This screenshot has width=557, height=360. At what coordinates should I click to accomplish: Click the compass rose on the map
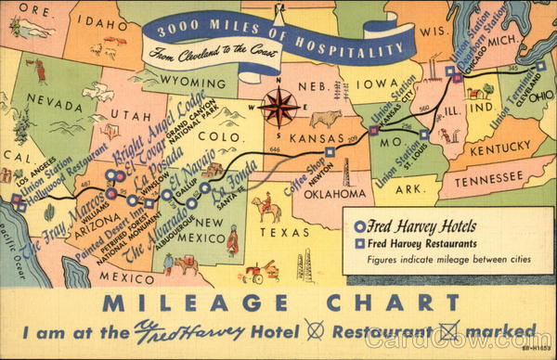278,107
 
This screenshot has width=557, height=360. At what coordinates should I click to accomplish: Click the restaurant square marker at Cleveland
541,66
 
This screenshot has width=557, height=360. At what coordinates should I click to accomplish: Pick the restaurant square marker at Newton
330,151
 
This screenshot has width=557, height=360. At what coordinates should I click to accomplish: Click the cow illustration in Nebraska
326,119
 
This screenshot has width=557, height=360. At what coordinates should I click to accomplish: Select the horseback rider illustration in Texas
267,206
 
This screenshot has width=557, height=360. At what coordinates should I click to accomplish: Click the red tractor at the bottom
255,273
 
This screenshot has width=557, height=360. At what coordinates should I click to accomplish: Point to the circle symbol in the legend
360,225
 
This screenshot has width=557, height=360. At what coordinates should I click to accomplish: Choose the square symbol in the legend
360,243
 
